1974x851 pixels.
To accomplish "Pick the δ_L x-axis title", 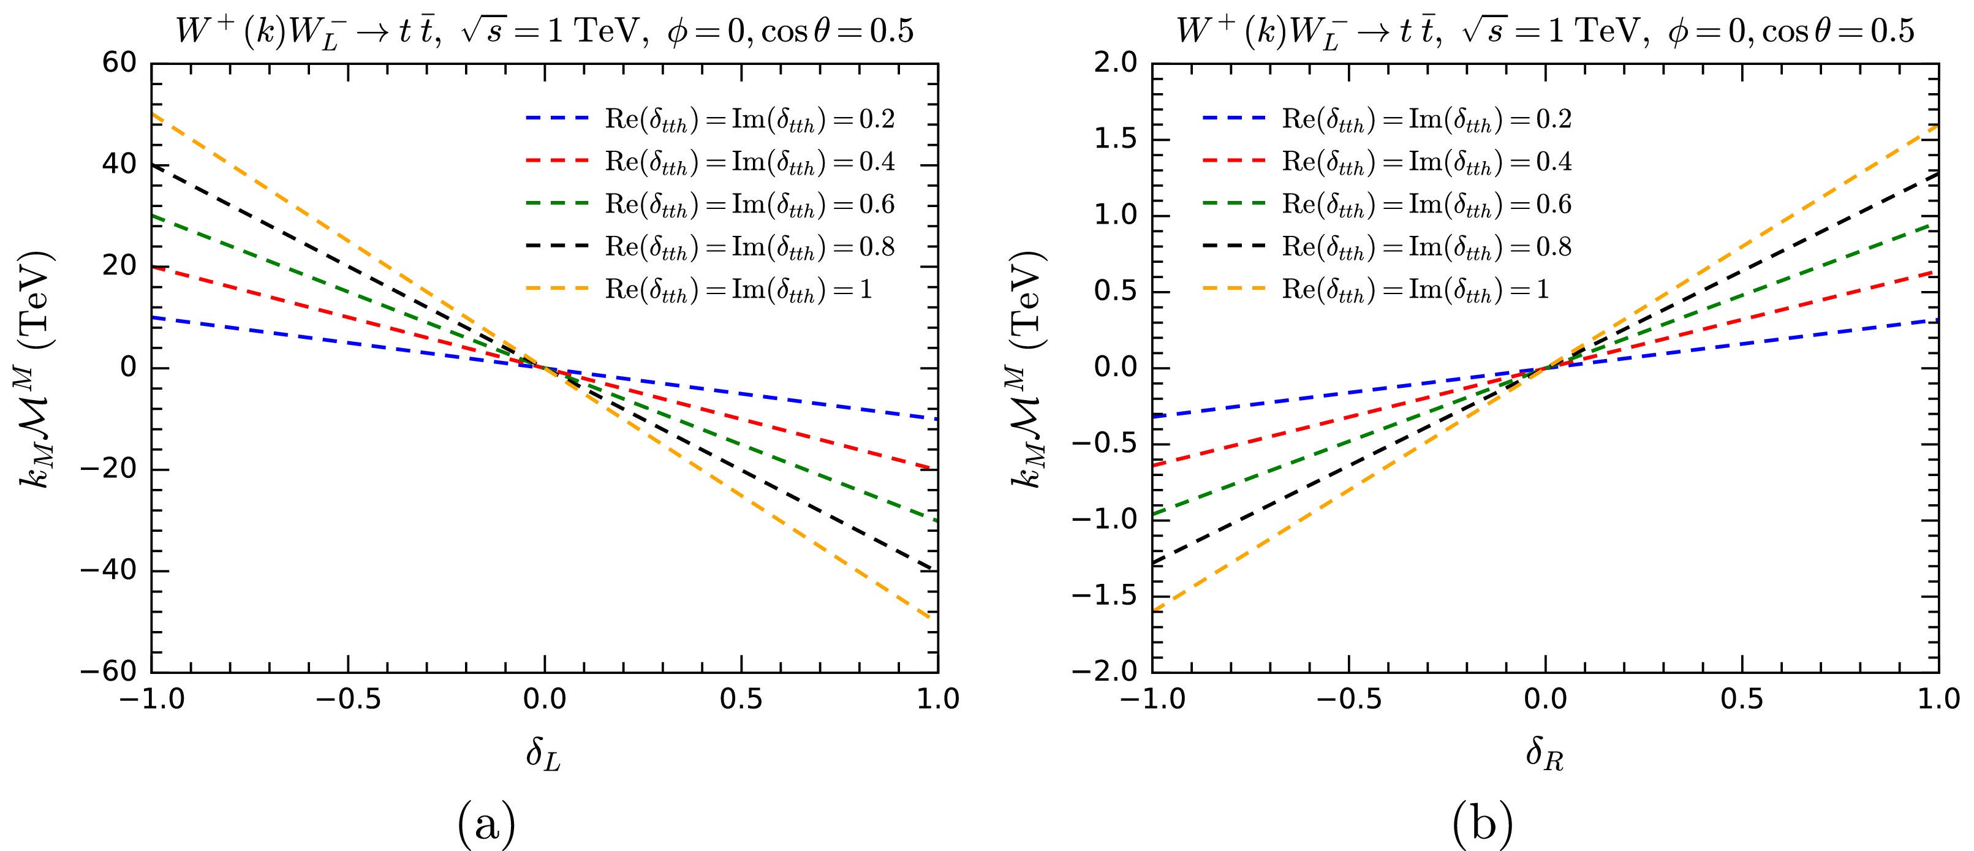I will [543, 754].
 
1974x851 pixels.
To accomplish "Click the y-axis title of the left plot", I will [37, 368].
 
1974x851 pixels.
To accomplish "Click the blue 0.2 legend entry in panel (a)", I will [709, 119].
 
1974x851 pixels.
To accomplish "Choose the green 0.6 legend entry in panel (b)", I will [1387, 205].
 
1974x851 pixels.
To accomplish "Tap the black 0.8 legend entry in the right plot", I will [1387, 247].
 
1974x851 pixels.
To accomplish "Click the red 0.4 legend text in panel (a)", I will [749, 162].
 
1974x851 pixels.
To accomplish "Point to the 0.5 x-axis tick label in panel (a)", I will [741, 699].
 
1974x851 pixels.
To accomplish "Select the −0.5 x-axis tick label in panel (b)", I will [1348, 699].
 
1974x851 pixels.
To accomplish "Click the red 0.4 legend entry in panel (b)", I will [1387, 162].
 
